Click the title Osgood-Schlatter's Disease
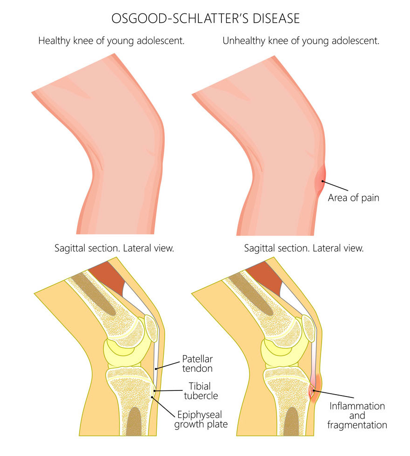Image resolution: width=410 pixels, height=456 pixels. [x=205, y=18]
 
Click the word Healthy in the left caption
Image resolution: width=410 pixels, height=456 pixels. [x=55, y=41]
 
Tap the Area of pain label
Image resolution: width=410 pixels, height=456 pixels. [x=354, y=198]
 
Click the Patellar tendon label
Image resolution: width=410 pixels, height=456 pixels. [x=197, y=363]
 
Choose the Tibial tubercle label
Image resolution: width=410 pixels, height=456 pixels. [x=201, y=391]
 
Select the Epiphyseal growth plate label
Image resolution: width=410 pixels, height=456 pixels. [x=201, y=419]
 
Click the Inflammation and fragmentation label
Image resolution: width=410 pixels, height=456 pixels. [x=357, y=415]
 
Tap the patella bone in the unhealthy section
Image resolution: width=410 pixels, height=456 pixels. [x=309, y=328]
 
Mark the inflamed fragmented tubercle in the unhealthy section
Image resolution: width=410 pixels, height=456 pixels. [x=312, y=391]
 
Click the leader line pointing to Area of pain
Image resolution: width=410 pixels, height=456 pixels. [x=335, y=186]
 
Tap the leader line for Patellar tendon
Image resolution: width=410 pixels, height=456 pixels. [x=168, y=365]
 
